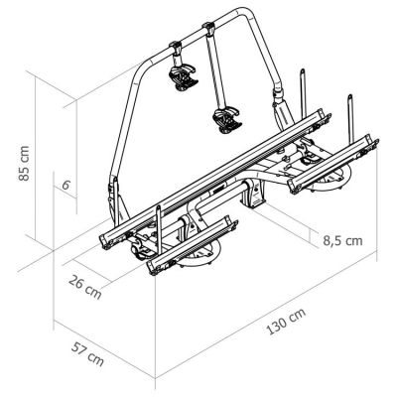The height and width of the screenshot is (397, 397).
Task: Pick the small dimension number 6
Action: point(64,186)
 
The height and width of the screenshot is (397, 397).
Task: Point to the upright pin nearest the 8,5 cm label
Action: point(349,109)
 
